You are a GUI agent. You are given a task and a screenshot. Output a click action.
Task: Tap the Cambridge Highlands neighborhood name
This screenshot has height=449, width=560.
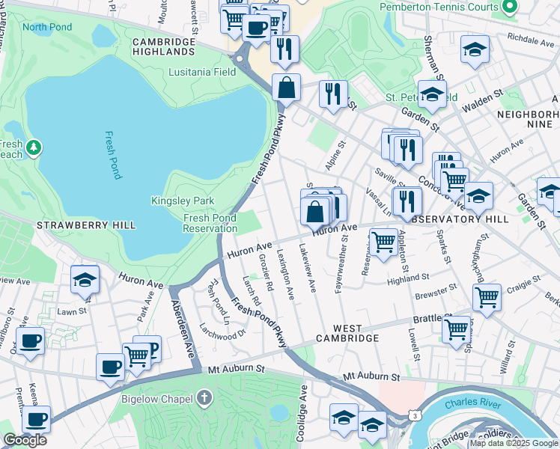pos(163,46)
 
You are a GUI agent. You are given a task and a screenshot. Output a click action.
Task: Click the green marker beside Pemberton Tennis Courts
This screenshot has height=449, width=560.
pos(510,7)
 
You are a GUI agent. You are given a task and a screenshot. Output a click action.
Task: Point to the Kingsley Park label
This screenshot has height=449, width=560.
pos(183,201)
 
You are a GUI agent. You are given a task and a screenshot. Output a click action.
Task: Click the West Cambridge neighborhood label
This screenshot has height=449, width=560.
pos(345,334)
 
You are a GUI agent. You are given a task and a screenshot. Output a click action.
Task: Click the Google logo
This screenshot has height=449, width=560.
pos(25,440)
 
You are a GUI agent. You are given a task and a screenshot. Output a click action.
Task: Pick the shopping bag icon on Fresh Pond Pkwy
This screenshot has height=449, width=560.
pos(286,88)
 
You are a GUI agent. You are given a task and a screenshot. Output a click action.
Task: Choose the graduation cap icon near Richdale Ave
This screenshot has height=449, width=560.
pos(475,49)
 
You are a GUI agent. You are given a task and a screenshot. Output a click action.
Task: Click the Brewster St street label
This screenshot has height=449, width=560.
pos(437,289)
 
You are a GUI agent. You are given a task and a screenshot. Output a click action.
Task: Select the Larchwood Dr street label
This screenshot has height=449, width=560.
pos(222,330)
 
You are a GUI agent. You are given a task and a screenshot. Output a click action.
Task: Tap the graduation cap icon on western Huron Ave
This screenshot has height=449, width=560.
pos(85,280)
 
